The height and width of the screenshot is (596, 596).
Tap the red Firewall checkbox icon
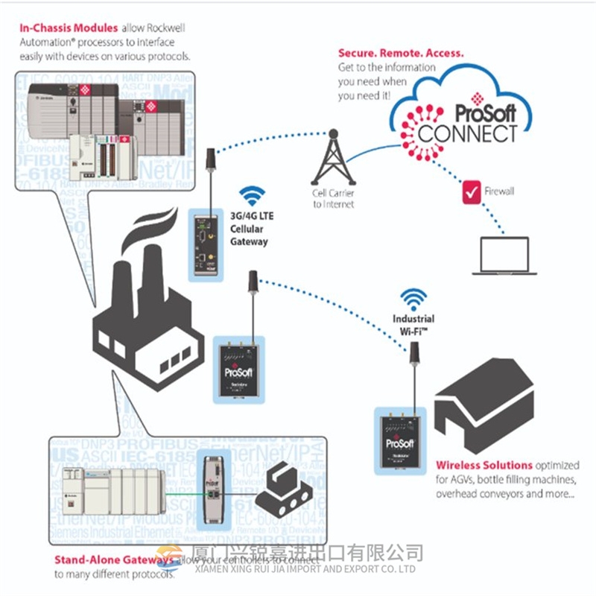click(x=472, y=191)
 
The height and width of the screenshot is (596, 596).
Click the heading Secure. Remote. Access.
click(x=401, y=54)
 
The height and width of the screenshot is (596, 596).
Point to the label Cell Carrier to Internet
click(x=333, y=199)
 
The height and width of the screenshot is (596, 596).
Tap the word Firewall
click(x=499, y=191)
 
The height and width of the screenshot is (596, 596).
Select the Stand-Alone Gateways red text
click(x=111, y=560)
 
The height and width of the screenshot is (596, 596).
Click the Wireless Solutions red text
click(x=484, y=466)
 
